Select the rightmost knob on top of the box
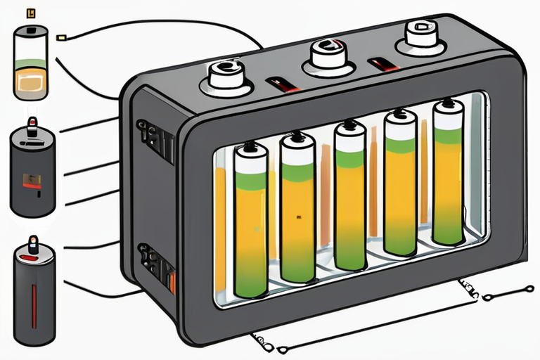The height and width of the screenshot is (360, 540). point(423,35)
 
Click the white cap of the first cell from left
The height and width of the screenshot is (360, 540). point(250,161)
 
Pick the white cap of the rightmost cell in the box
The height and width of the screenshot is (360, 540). point(447,117)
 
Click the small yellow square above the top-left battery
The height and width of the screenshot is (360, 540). point(30,12)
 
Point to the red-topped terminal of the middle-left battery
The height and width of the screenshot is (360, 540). point(32,127)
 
